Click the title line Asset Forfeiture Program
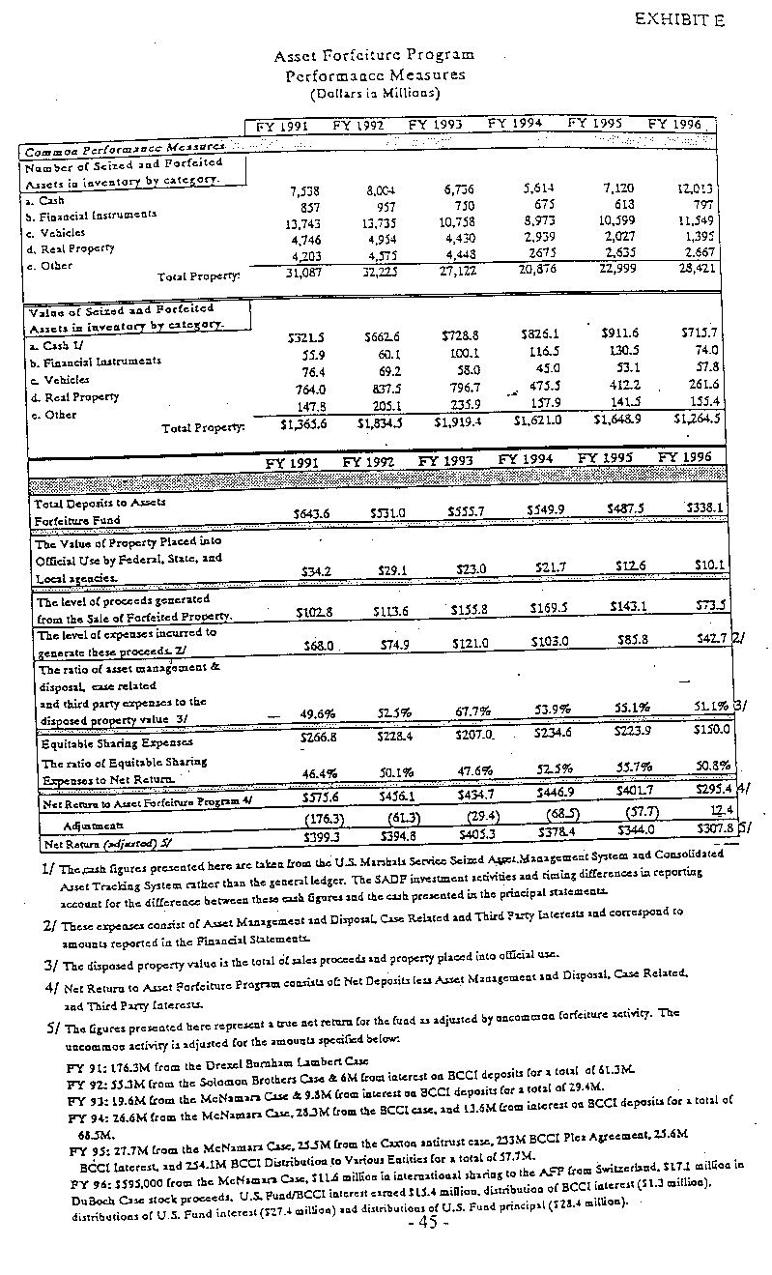click(x=375, y=56)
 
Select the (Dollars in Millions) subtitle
click(x=375, y=93)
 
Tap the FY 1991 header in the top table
click(x=280, y=125)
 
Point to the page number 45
click(x=428, y=1222)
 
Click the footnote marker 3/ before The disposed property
click(x=50, y=965)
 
